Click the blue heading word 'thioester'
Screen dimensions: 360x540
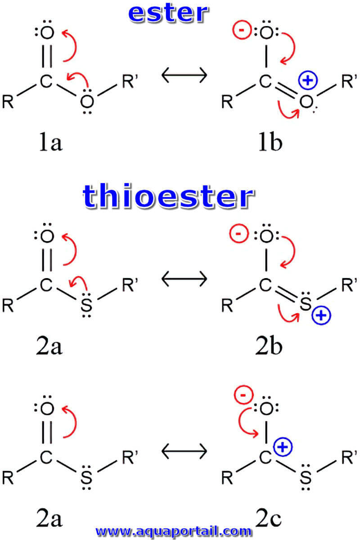[x=168, y=196]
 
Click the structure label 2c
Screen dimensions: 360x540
[x=268, y=518]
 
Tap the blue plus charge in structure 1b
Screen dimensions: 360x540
[x=308, y=80]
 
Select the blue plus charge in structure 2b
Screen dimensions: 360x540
[x=321, y=315]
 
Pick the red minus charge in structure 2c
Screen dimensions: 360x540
[x=243, y=395]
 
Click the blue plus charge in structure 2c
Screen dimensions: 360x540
[x=283, y=447]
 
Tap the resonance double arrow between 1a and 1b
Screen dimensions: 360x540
[x=184, y=75]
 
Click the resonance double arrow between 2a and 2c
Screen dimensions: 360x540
[x=184, y=451]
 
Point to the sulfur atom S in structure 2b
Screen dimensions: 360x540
[x=306, y=303]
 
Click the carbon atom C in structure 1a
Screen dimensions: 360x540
[x=46, y=81]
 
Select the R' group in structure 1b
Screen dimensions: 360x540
[x=349, y=81]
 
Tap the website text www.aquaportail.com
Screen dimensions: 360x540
[x=174, y=531]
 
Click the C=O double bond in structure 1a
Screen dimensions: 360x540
[x=47, y=56]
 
